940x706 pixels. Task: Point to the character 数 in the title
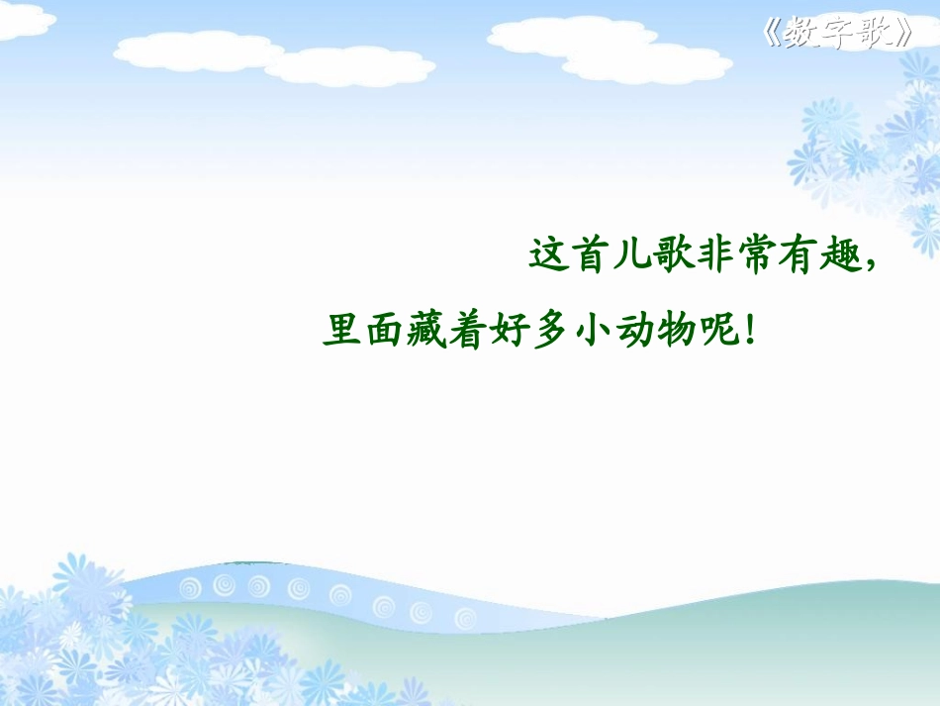point(799,33)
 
